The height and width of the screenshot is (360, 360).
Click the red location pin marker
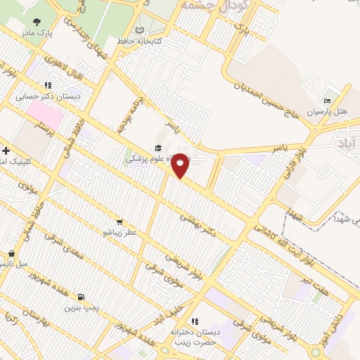[x=181, y=165]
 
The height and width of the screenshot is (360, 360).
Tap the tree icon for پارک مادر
[x=37, y=22]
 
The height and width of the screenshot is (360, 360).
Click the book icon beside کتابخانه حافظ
[x=140, y=30]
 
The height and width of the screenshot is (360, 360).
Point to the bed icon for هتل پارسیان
[x=326, y=102]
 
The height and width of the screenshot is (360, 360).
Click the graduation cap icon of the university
[x=159, y=148]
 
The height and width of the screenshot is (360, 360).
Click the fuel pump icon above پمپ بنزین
[x=82, y=297]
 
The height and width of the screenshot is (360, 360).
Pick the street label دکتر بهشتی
[x=195, y=222]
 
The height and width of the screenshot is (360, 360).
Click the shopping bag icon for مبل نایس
[x=11, y=254]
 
